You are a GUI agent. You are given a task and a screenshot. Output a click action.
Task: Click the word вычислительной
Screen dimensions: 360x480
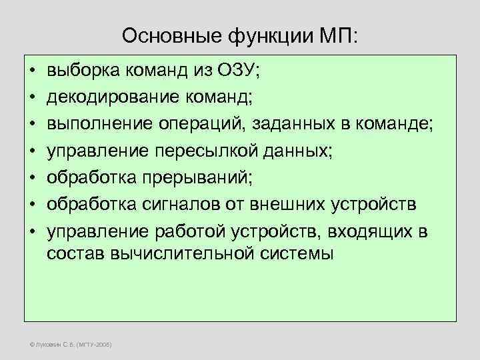(169, 254)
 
